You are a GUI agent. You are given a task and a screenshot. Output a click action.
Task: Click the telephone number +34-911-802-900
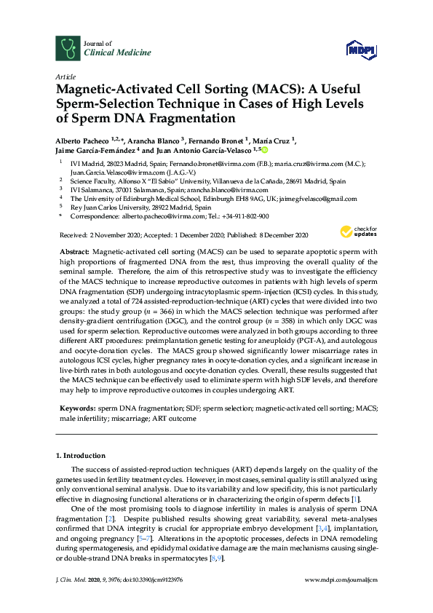click(244, 216)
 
